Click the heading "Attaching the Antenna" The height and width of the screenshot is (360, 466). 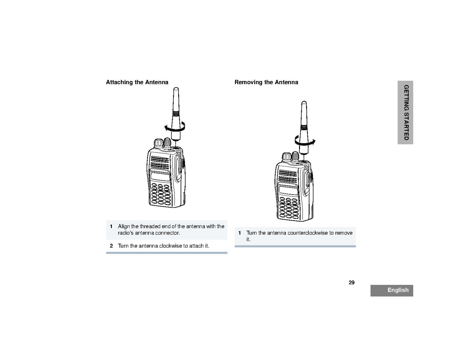pos(137,82)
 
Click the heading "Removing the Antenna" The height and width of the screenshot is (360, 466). pos(266,82)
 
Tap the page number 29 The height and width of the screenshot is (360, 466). pos(352,283)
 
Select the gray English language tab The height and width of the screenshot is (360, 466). pos(392,290)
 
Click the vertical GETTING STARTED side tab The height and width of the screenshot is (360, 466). pos(406,112)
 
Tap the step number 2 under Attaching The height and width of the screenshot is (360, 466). pos(111,246)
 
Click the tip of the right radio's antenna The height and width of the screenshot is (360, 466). pos(304,103)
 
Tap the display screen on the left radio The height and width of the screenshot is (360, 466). pos(160,177)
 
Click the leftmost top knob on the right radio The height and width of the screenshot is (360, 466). pos(287,157)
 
